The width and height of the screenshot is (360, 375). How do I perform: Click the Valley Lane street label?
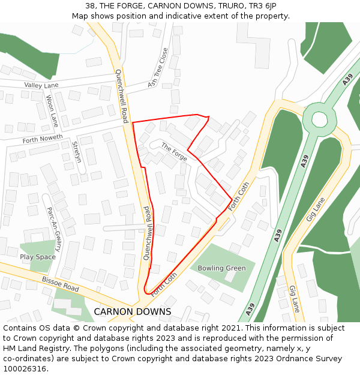(x=41, y=86)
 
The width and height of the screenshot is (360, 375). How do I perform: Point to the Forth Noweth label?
(x=42, y=140)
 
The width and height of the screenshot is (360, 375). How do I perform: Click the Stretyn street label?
(x=76, y=153)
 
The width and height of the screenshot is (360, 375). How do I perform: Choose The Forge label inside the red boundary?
(x=174, y=151)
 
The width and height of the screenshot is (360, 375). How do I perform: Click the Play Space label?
(x=38, y=257)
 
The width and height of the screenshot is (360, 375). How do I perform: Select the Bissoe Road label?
(x=60, y=284)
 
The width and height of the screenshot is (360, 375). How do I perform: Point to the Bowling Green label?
(x=222, y=268)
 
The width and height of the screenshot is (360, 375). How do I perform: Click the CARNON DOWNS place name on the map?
(x=132, y=312)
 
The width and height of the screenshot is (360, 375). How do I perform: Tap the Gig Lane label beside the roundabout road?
(x=316, y=209)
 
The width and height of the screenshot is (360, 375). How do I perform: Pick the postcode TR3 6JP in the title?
(x=263, y=6)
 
